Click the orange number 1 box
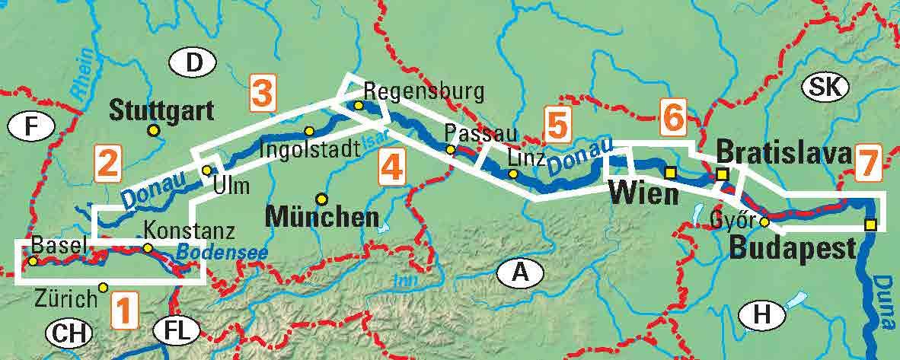(125, 311)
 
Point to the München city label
(322, 217)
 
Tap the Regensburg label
(423, 92)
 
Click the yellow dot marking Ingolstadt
(309, 131)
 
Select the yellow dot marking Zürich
(104, 287)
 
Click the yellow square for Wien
(670, 173)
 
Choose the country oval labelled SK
(825, 87)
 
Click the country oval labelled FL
(176, 331)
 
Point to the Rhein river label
(85, 73)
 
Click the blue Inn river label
(402, 280)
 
